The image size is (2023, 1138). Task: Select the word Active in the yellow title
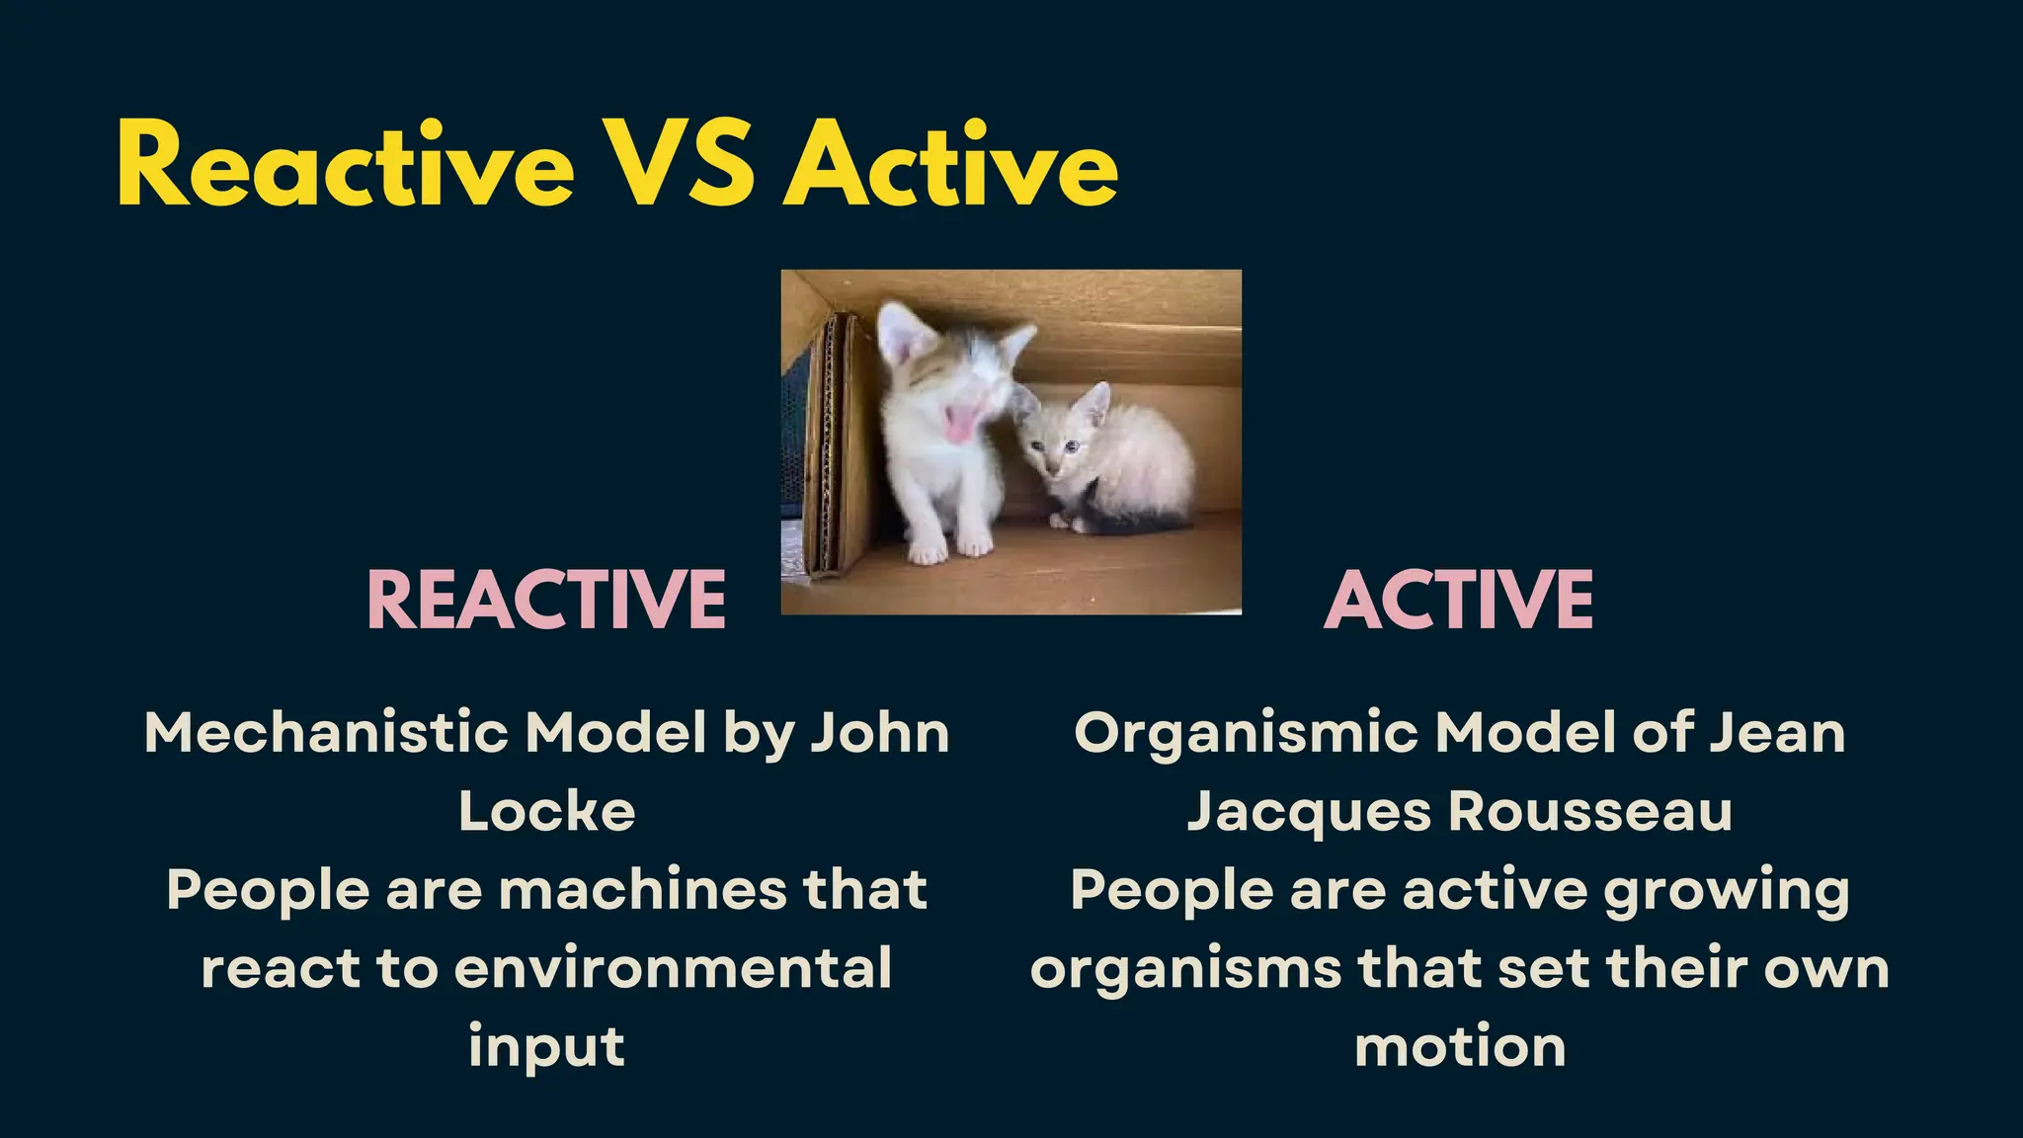[951, 165]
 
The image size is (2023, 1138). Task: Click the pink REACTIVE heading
[546, 600]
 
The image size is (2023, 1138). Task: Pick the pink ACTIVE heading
[1458, 600]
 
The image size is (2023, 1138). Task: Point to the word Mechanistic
[327, 733]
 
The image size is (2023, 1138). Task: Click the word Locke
[546, 812]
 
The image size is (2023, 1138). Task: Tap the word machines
[642, 889]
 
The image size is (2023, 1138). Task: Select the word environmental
[673, 967]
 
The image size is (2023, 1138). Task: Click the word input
[546, 1046]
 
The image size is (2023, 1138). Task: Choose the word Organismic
[1245, 733]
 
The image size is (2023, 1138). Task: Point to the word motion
[1460, 1046]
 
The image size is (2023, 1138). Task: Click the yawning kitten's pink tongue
[958, 425]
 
